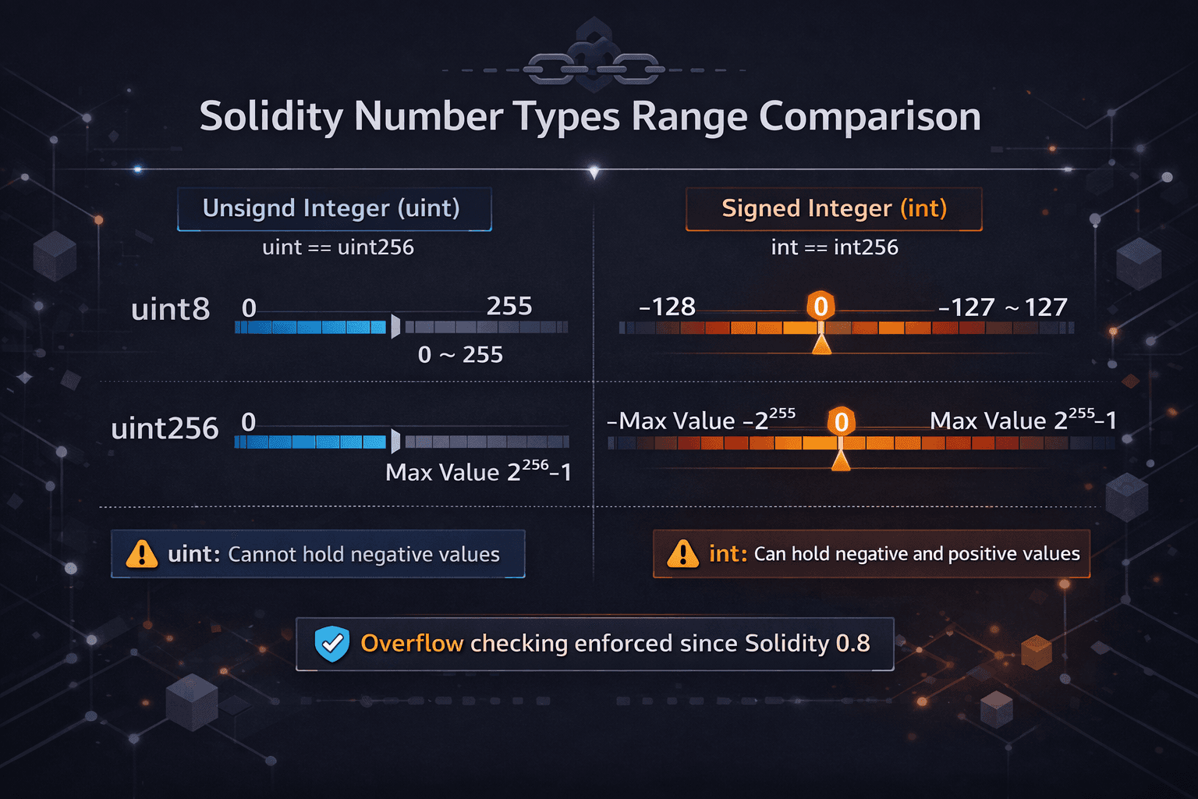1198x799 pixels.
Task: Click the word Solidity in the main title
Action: tap(271, 117)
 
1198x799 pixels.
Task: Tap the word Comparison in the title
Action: tap(870, 117)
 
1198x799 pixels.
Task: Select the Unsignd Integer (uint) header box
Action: tap(334, 209)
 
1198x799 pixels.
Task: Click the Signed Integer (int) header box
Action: tap(834, 209)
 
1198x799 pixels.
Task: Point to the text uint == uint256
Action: tap(338, 247)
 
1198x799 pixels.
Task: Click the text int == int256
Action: tap(835, 247)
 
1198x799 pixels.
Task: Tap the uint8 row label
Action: tap(171, 310)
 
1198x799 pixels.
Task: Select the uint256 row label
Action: tap(165, 428)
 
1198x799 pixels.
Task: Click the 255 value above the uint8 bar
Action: tap(509, 306)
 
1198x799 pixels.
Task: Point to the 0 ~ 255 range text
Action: tap(460, 355)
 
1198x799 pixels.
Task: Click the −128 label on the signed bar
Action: tap(667, 307)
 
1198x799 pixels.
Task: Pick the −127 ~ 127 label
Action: tap(1002, 307)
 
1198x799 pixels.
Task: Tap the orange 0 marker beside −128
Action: tap(821, 306)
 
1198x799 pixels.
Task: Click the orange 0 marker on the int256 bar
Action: tap(841, 422)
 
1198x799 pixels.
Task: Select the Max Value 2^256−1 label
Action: tap(478, 472)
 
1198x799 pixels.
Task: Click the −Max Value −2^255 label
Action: tap(701, 420)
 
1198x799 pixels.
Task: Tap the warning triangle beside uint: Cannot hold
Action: tap(142, 554)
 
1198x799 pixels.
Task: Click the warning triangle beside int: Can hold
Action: tap(683, 554)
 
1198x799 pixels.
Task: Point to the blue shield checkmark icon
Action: tap(331, 644)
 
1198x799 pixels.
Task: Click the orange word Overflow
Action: tap(412, 643)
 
